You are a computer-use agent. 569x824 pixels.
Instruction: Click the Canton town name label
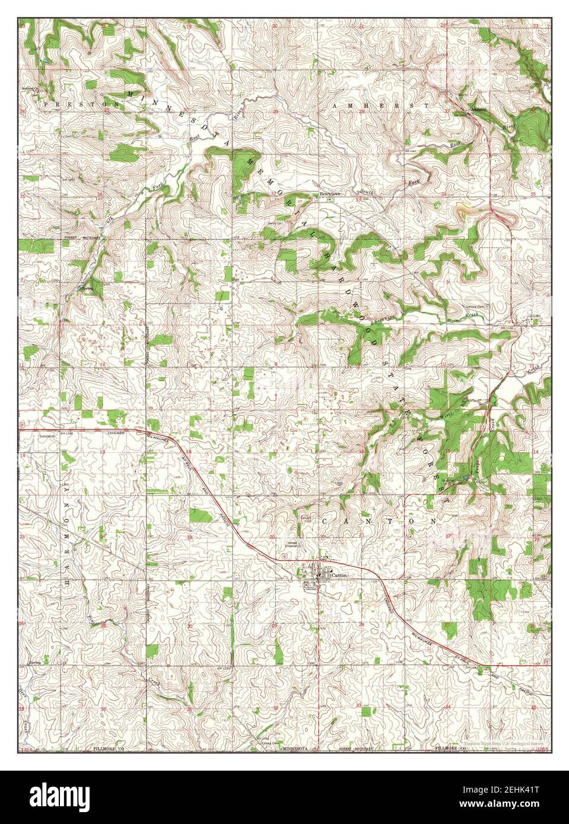(340, 574)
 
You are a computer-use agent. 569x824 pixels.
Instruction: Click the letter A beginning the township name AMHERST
(336, 105)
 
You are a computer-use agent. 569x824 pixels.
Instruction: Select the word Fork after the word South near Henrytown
(413, 182)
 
